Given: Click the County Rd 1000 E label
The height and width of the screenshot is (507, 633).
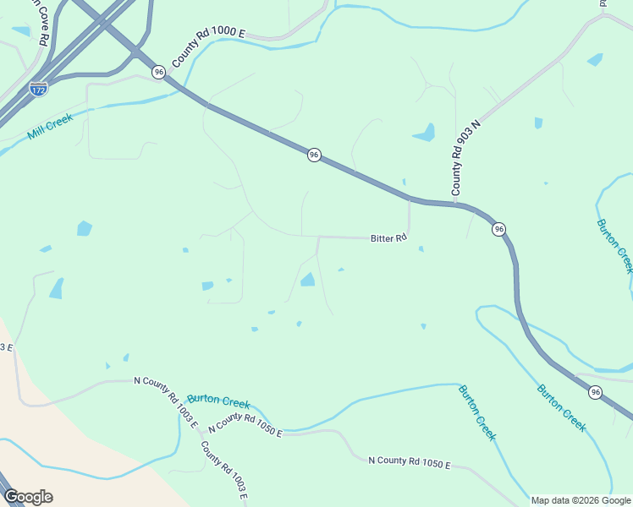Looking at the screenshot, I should click(208, 47).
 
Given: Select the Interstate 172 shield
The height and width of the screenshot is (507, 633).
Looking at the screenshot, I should click(38, 88).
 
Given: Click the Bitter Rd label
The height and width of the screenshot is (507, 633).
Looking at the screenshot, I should click(388, 239).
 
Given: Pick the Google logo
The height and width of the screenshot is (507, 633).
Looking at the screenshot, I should click(28, 497).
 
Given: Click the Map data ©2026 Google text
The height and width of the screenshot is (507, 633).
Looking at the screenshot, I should click(581, 500).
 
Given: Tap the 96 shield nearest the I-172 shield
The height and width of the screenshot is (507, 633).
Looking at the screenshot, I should click(158, 73).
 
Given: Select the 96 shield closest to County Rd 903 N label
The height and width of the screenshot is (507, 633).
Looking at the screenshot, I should click(499, 229).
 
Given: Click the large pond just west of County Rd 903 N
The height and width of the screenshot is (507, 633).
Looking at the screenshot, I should click(424, 134).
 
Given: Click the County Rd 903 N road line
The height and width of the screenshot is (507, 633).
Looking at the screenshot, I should click(516, 93).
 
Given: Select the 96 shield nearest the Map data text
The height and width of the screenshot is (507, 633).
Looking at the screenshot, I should click(596, 392).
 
